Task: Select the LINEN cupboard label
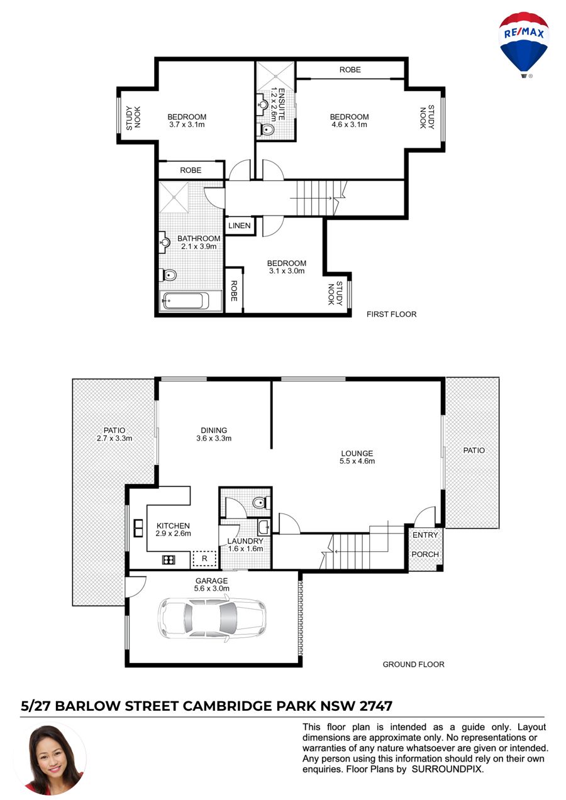pos(240,226)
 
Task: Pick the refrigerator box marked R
pos(204,559)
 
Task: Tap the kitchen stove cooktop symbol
pos(169,560)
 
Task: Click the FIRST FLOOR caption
pos(391,314)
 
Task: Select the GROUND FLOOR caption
pos(413,664)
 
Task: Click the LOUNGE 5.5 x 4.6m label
pos(357,457)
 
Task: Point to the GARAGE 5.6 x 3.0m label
pos(211,584)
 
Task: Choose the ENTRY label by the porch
pos(425,535)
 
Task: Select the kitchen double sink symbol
pos(138,529)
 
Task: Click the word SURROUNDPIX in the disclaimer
pos(448,769)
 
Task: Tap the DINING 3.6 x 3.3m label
pos(214,434)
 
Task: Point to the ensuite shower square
pos(276,76)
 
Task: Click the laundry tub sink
pos(263,527)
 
